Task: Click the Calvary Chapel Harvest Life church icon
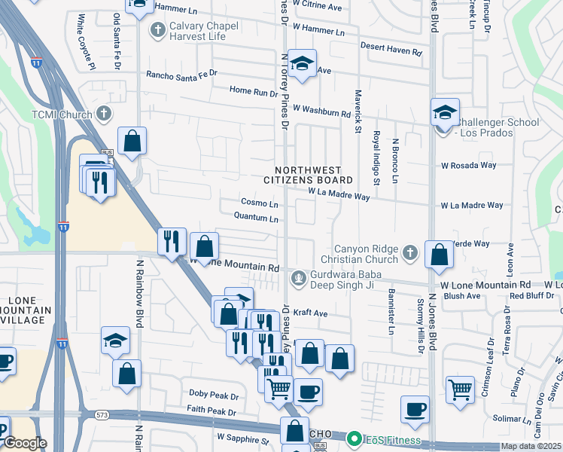tap(157, 30)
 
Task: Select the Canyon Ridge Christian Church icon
tap(409, 253)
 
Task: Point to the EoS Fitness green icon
tap(354, 438)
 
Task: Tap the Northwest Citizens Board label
tap(308, 176)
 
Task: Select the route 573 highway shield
tap(102, 415)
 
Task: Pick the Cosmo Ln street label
tap(260, 203)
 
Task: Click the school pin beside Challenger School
tap(445, 112)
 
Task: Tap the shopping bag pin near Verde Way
tap(439, 255)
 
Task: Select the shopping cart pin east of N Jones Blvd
tap(460, 389)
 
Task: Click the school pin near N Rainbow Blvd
tap(116, 341)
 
